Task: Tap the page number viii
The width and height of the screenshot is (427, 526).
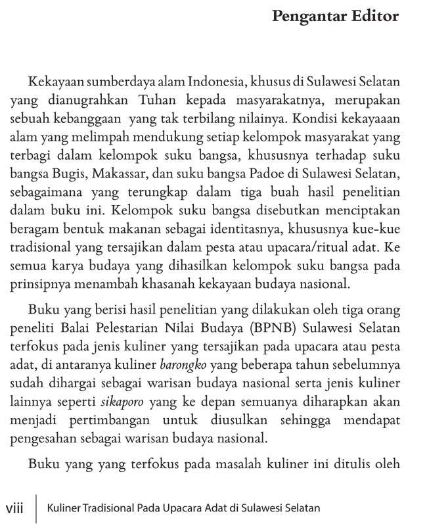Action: coord(16,508)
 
